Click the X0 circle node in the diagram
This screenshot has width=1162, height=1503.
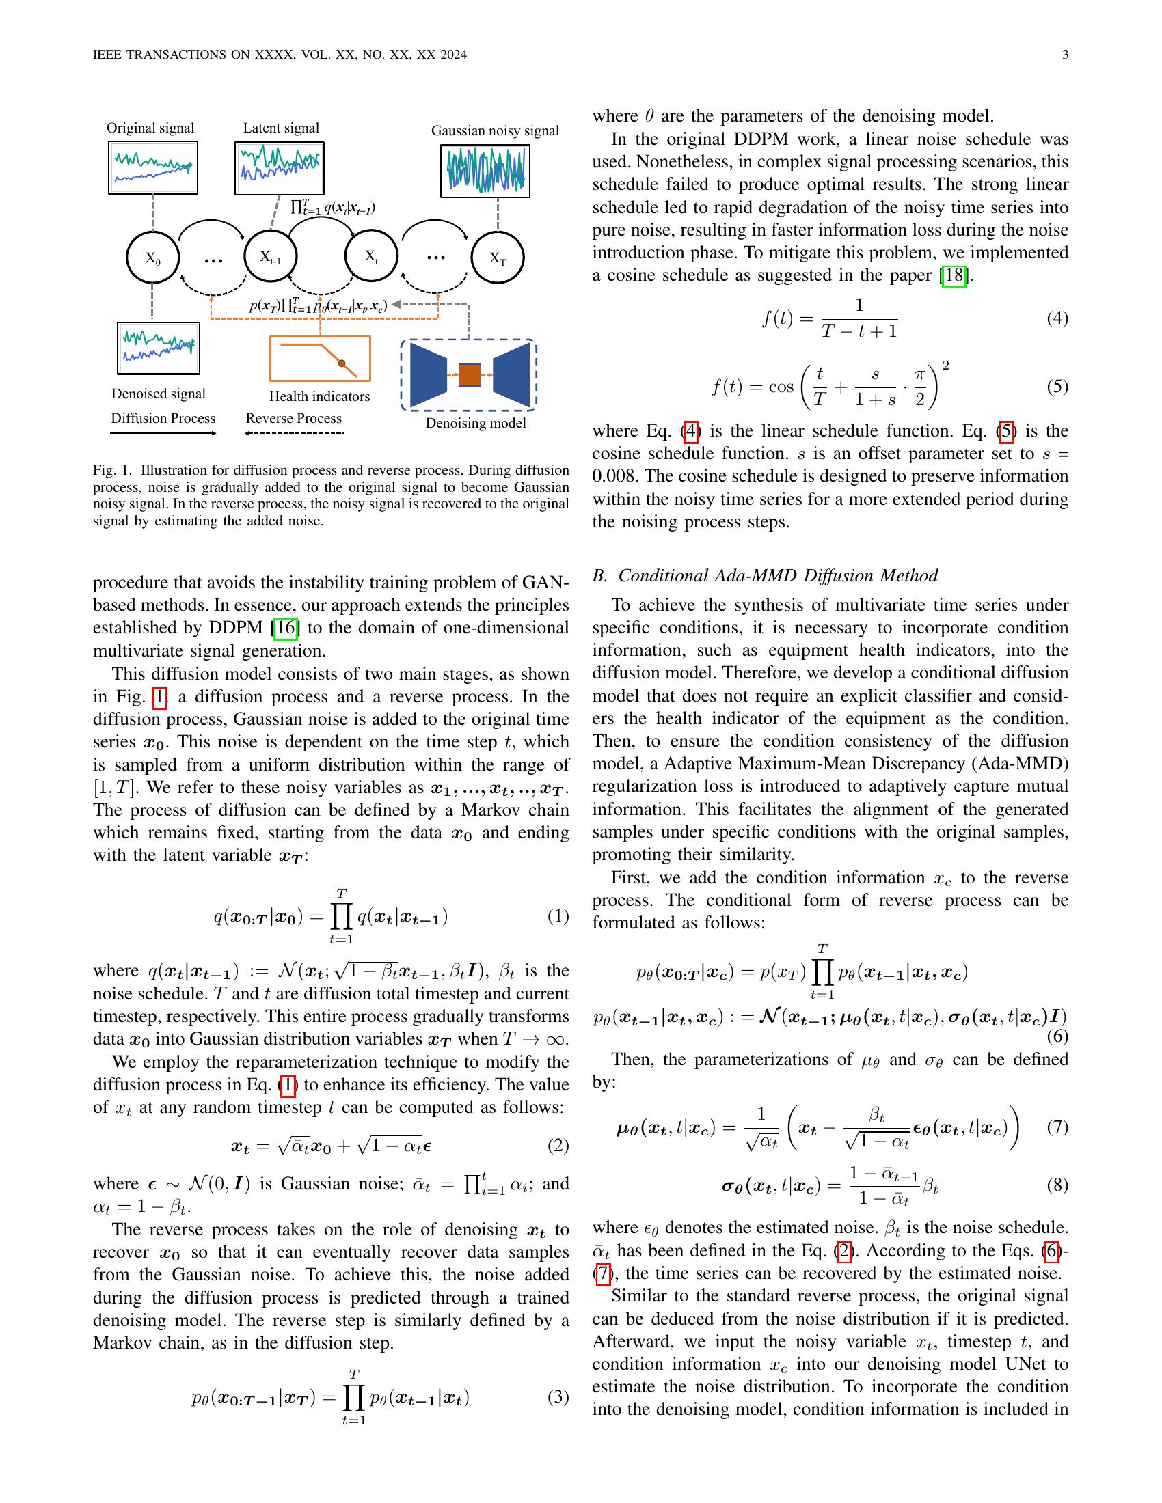[x=153, y=259]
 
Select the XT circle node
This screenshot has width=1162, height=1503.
[x=497, y=259]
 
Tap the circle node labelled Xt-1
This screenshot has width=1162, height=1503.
[x=271, y=257]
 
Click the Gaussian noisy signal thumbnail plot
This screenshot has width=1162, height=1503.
[x=485, y=171]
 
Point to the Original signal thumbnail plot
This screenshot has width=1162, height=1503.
[x=153, y=167]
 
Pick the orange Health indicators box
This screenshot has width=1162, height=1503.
[x=320, y=358]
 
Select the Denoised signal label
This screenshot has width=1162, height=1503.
[x=159, y=394]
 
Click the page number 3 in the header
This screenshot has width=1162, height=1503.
[x=1065, y=55]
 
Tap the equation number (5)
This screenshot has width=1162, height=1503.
[x=1057, y=386]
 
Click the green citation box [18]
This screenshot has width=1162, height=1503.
[x=954, y=276]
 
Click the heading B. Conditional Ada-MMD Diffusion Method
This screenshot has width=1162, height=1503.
[x=765, y=575]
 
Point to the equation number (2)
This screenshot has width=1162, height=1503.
[x=558, y=1145]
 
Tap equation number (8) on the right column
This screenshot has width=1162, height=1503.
[x=1057, y=1185]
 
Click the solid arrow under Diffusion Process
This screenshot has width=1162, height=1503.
[x=163, y=433]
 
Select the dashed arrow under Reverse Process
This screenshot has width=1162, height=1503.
[x=295, y=433]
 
